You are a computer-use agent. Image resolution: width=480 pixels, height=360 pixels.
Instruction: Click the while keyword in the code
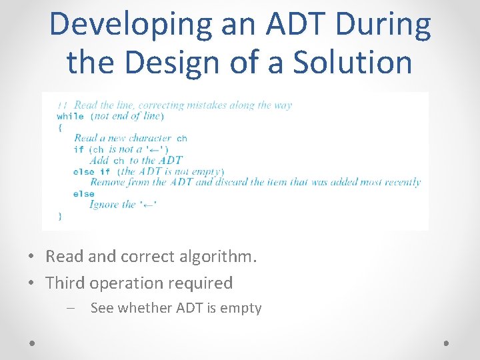coord(70,116)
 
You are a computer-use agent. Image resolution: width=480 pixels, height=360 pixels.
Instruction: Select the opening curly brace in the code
coord(59,127)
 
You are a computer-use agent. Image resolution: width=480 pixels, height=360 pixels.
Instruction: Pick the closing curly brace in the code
coord(60,215)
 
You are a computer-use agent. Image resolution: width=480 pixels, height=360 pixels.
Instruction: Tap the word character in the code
coord(150,138)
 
